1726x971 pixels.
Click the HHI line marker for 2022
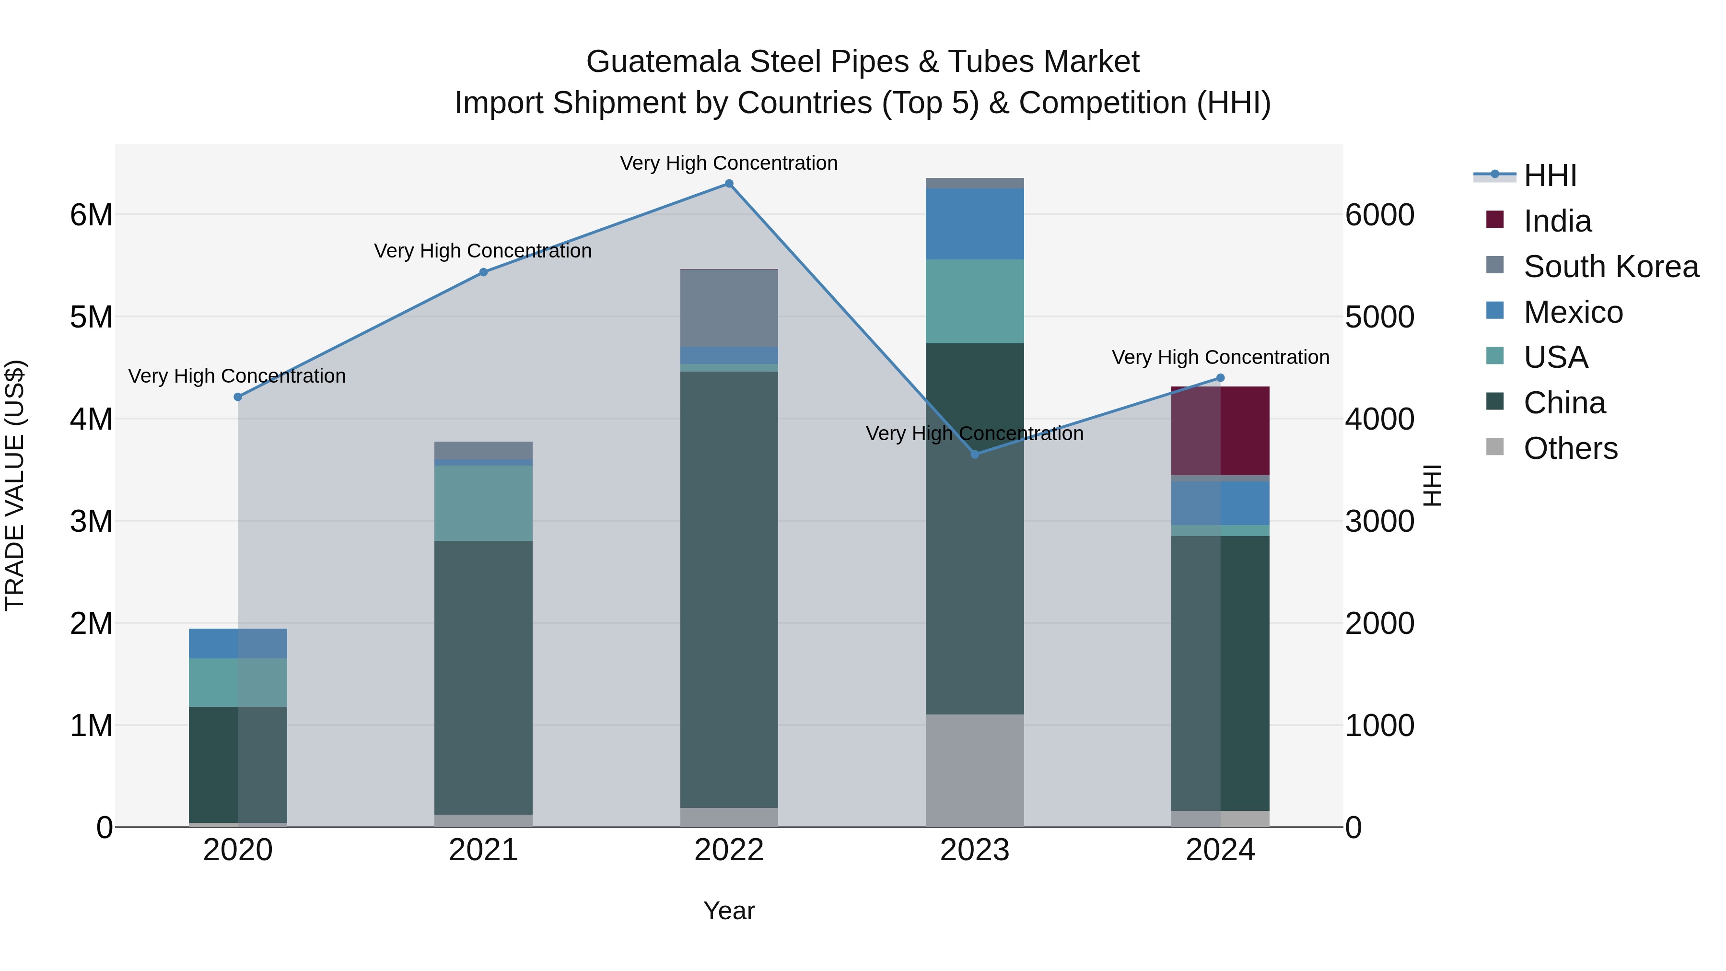pos(729,184)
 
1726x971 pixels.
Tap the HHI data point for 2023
pos(975,455)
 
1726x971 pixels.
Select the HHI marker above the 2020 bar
pos(238,397)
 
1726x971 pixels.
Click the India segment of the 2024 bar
pos(1220,431)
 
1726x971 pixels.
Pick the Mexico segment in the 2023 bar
pos(975,224)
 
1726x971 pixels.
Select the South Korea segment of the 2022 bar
pos(729,307)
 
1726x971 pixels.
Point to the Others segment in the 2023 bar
pos(975,771)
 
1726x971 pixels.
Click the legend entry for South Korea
pos(1611,267)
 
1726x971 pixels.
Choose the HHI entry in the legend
pos(1550,175)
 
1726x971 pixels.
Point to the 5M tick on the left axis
pos(92,317)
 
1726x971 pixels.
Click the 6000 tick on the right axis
pos(1379,215)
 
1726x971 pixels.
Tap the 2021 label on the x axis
pos(483,850)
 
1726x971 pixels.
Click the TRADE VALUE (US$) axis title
pos(15,485)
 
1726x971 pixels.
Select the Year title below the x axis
pos(729,911)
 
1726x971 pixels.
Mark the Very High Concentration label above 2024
pos(1220,357)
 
